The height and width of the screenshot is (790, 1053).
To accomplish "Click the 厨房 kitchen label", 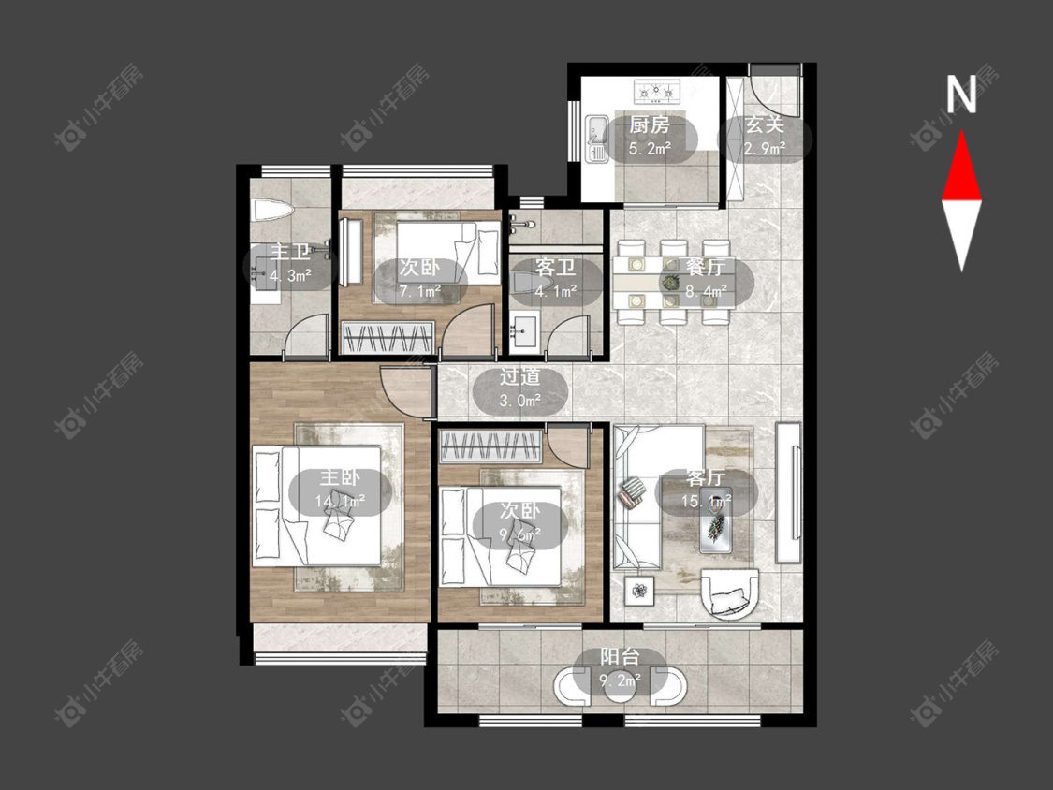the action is tap(649, 124).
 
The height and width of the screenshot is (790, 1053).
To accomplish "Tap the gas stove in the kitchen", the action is tap(657, 91).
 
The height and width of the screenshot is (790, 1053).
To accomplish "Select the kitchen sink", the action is tap(595, 138).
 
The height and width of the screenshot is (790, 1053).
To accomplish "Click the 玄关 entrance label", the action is tap(764, 124).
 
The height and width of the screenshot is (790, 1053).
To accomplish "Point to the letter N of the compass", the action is tap(961, 94).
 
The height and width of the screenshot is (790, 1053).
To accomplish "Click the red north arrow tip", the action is tap(961, 132).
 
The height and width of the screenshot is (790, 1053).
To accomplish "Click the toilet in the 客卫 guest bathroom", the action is tap(521, 283).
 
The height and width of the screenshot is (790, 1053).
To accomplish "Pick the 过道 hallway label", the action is tap(519, 377).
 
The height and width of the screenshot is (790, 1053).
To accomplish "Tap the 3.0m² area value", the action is tap(519, 401).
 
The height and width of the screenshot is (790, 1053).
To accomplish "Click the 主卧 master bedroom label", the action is tap(339, 477).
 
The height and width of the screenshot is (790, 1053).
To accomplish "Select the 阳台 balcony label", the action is tap(620, 656).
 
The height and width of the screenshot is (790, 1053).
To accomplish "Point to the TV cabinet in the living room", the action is tap(788, 491).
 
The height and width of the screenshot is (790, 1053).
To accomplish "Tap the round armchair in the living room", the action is tap(730, 593).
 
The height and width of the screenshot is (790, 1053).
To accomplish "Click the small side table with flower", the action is tap(638, 591).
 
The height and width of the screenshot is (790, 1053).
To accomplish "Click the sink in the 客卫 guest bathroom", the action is tap(524, 332).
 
